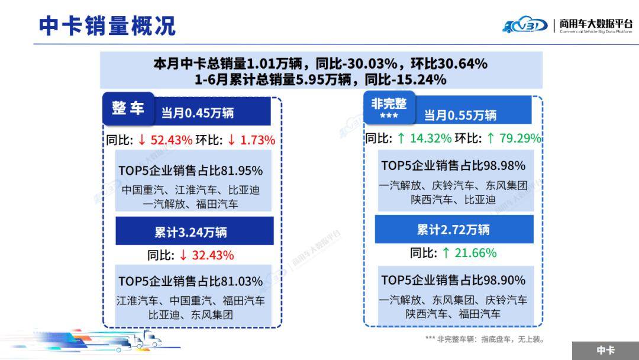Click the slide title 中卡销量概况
click(x=107, y=25)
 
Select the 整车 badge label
click(x=128, y=108)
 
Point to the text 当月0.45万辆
click(x=198, y=112)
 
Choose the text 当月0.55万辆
click(x=460, y=115)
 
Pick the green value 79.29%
click(x=519, y=139)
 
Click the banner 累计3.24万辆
click(x=191, y=232)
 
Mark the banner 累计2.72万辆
click(x=453, y=230)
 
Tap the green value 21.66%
click(x=475, y=253)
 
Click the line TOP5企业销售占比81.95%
click(x=191, y=171)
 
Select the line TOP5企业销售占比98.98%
click(x=453, y=166)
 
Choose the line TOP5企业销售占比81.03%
click(x=191, y=281)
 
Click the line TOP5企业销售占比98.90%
click(x=453, y=279)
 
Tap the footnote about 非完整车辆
click(x=484, y=339)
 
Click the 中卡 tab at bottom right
click(x=605, y=351)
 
